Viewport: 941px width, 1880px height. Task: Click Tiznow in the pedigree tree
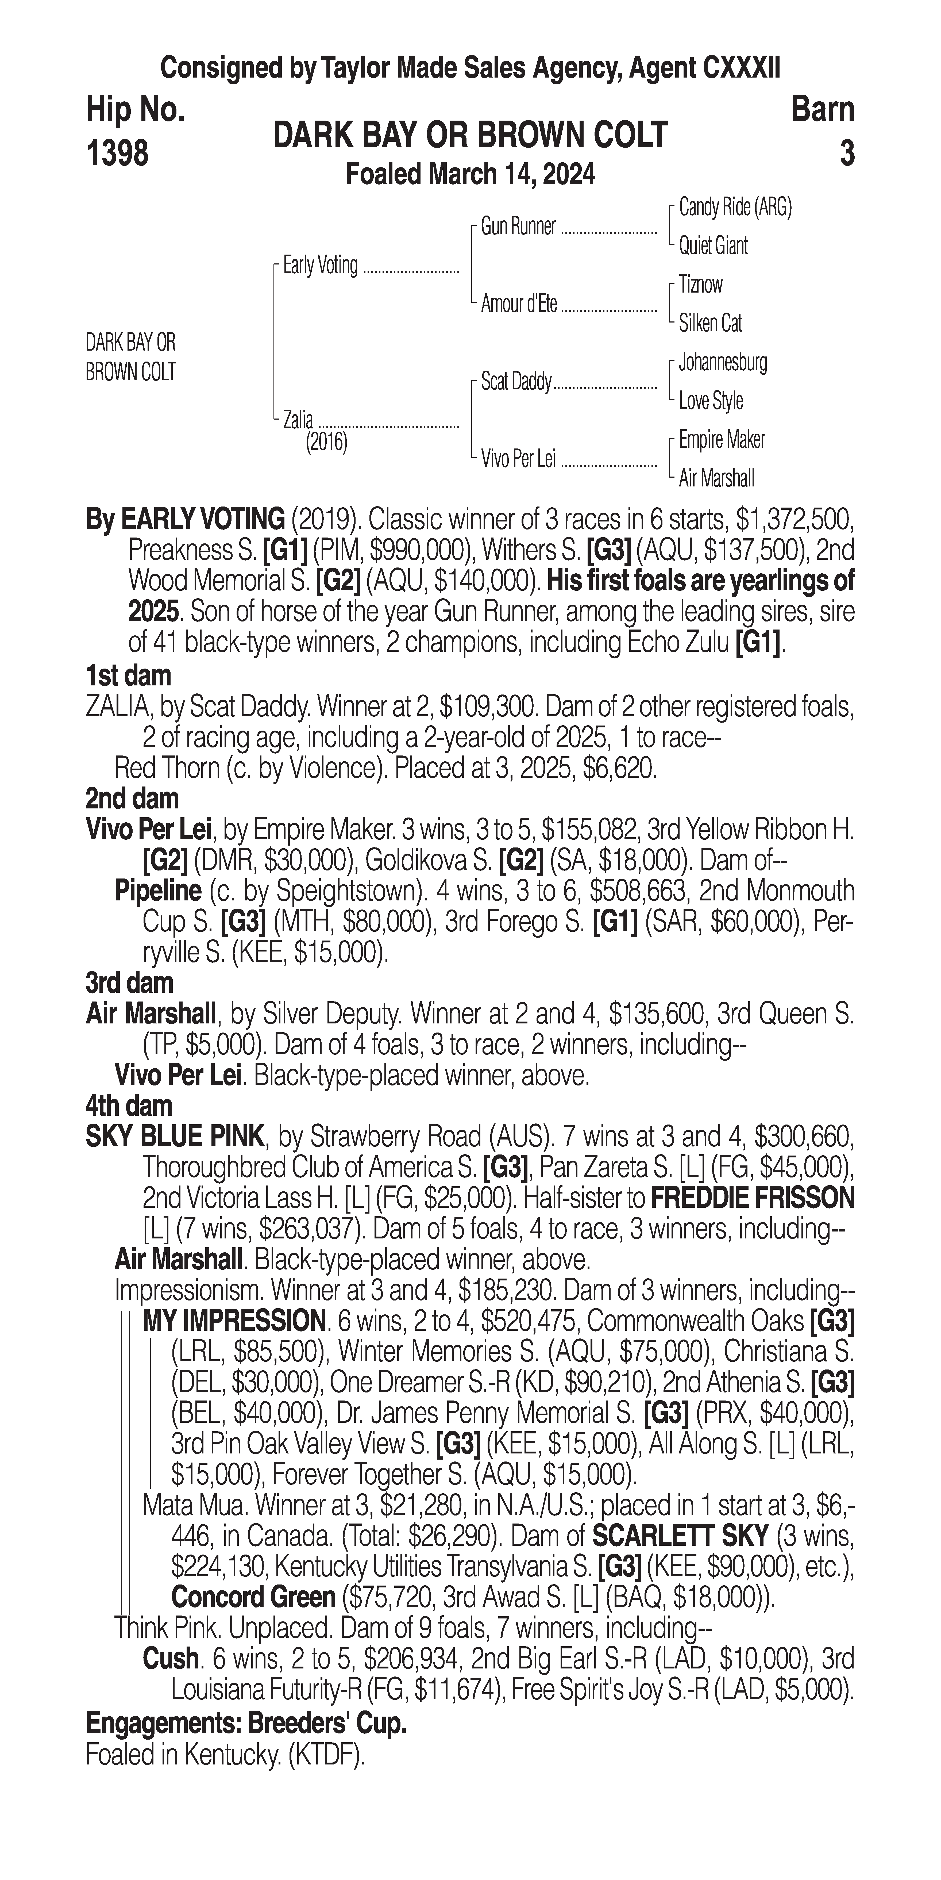[x=700, y=285]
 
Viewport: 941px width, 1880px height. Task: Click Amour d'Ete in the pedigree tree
[x=519, y=304]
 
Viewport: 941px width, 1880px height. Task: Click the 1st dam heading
[x=128, y=676]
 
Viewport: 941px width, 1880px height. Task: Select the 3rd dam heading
[x=129, y=983]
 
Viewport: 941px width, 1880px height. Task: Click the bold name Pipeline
[x=157, y=891]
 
